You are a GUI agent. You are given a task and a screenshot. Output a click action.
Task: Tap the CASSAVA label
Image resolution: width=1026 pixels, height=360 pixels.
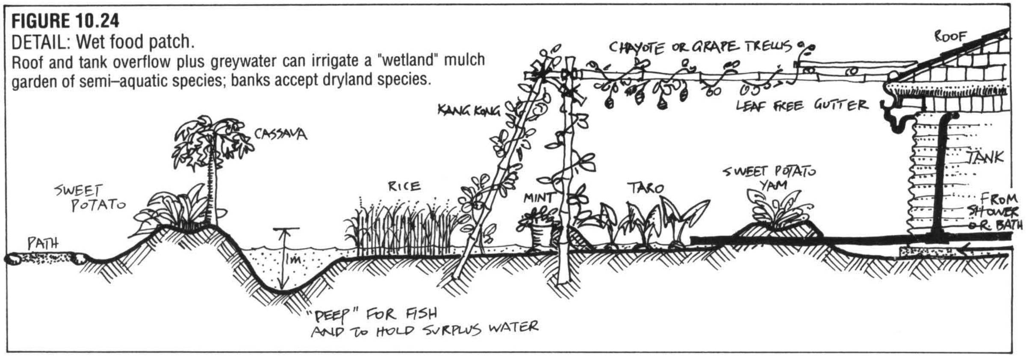[x=280, y=134]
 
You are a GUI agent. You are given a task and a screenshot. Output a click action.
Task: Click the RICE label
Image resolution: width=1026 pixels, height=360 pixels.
[x=404, y=186]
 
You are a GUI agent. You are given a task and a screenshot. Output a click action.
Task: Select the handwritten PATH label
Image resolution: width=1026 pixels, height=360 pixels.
[x=42, y=244]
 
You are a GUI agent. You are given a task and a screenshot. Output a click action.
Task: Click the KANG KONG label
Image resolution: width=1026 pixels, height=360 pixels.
[x=468, y=111]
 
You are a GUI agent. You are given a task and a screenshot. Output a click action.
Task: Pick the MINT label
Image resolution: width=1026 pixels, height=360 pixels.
[x=538, y=198]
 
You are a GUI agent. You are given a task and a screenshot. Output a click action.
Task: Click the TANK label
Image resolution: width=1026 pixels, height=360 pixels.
[x=985, y=157]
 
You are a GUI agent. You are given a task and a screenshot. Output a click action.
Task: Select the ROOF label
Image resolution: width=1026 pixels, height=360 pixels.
[x=950, y=37]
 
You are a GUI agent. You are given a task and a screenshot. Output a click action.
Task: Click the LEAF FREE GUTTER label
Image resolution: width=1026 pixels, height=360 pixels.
[x=802, y=105]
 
